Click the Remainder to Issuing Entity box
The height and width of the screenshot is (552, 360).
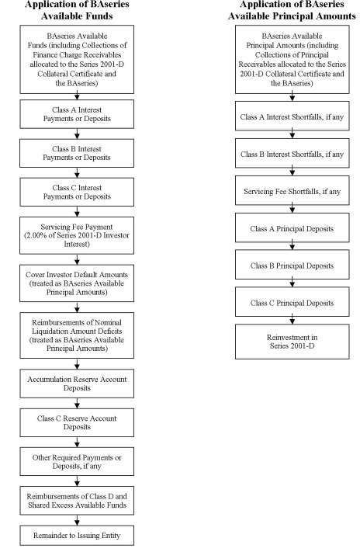(x=77, y=536)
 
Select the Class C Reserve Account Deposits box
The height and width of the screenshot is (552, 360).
(x=77, y=422)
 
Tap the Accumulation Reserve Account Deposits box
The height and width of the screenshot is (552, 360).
(x=77, y=384)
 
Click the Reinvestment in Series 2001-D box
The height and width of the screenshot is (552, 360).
(x=292, y=342)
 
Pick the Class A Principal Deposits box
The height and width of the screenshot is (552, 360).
(x=292, y=227)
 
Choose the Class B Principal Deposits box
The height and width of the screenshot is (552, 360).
(x=292, y=265)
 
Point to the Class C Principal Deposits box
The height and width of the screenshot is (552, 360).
(x=292, y=302)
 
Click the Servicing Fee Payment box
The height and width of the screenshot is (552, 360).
(x=77, y=235)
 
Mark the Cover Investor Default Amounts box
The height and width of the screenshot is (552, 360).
(x=77, y=283)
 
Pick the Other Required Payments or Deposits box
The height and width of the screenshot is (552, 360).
(x=77, y=461)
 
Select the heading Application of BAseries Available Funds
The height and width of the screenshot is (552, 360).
(x=77, y=10)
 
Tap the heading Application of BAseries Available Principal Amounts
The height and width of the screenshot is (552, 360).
(x=292, y=10)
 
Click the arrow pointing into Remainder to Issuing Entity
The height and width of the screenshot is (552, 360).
(x=77, y=520)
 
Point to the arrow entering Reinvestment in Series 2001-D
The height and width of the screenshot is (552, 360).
(x=292, y=321)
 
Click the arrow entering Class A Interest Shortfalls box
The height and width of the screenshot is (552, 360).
(x=292, y=98)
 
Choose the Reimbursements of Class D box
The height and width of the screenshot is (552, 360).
(x=77, y=501)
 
